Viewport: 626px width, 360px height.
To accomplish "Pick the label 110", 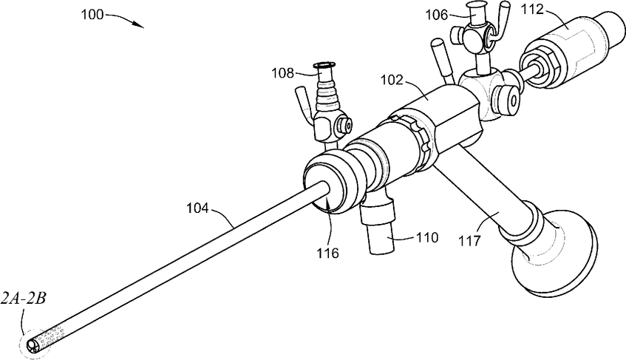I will [427, 238].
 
